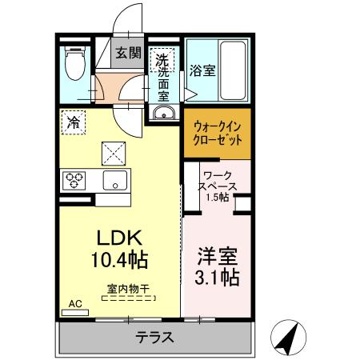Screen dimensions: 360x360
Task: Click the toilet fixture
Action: [74, 65]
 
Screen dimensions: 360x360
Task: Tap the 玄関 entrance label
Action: [127, 54]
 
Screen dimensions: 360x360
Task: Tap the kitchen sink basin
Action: [113, 179]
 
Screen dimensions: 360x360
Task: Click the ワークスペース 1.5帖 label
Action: [214, 186]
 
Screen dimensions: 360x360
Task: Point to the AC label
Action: [75, 303]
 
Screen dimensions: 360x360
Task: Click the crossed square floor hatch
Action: [113, 148]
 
